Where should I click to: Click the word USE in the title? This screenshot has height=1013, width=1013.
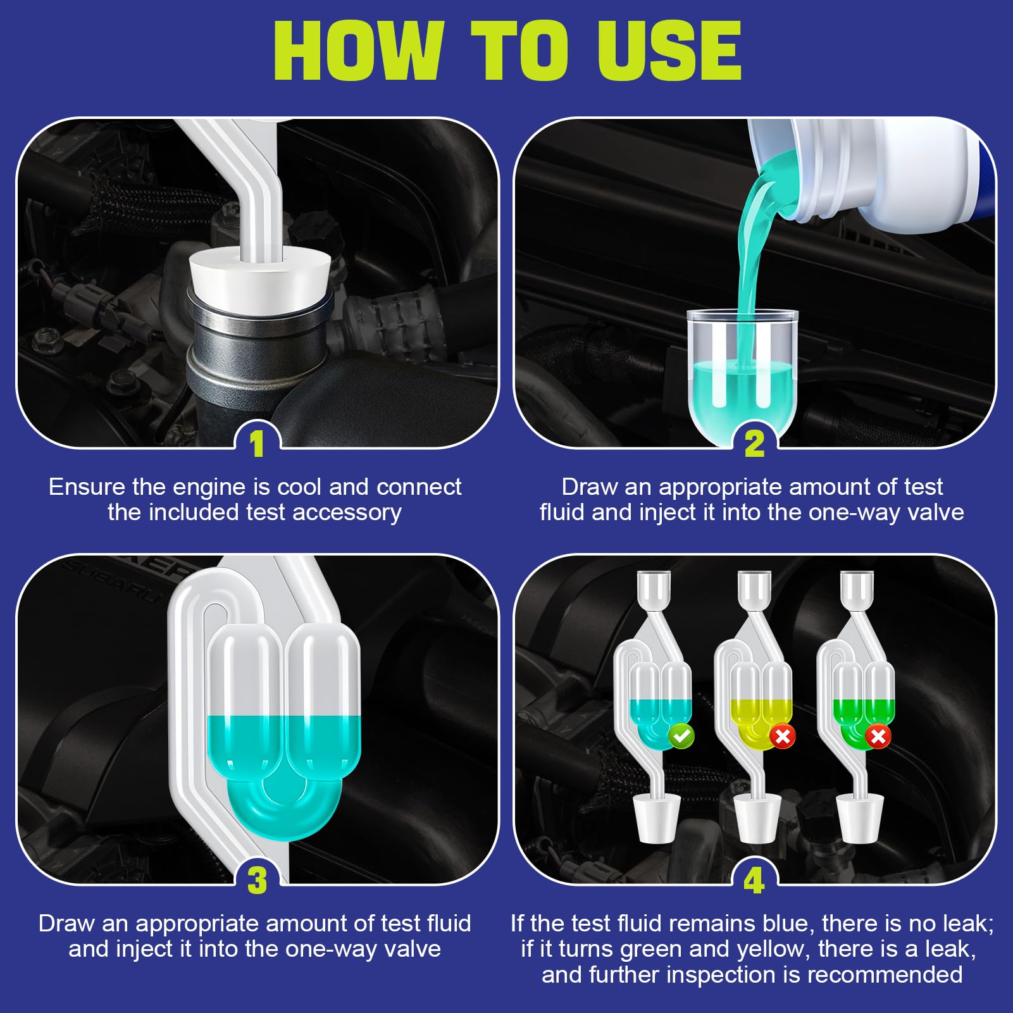669,51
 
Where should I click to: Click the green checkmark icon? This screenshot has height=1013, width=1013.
681,736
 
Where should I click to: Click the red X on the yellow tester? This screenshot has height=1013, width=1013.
783,736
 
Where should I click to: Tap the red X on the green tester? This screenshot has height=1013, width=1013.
878,736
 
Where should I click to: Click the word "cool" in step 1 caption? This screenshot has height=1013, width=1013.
300,487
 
